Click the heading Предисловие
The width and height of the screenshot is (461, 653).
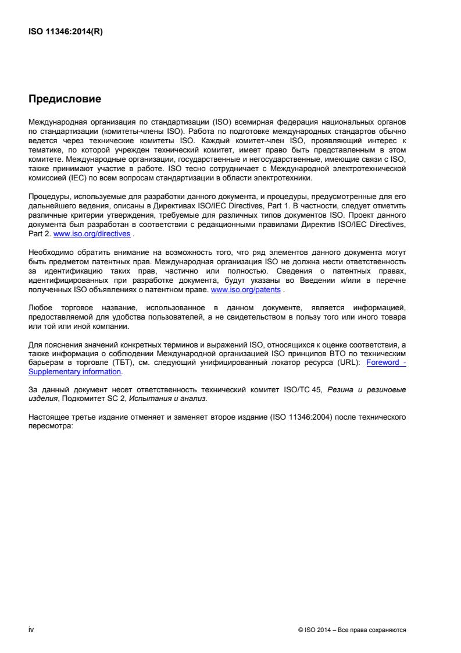tap(65, 100)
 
